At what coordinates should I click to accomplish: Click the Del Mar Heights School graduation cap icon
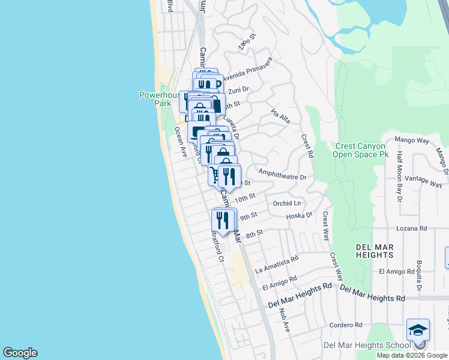coord(418,330)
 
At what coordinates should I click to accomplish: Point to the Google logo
coord(20,353)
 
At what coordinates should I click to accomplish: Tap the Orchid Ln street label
coord(287,203)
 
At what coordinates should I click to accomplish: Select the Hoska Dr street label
coord(300,215)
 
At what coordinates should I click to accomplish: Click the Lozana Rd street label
coord(411,229)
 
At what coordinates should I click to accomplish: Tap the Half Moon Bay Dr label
coord(399,176)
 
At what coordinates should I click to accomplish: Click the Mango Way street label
coord(412,140)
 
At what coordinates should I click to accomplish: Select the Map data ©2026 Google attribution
coord(412,355)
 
